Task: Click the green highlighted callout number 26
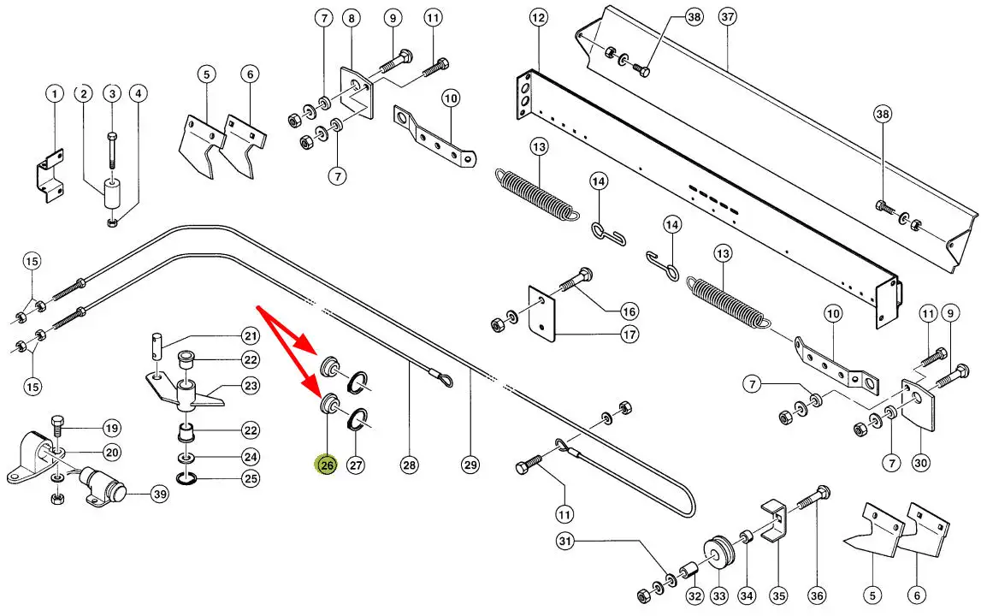327,465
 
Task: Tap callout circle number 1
54,92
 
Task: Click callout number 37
728,17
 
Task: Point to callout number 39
159,494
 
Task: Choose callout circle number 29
470,465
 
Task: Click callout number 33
718,596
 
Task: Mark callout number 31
564,541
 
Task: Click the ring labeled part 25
186,477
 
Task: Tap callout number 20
112,452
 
